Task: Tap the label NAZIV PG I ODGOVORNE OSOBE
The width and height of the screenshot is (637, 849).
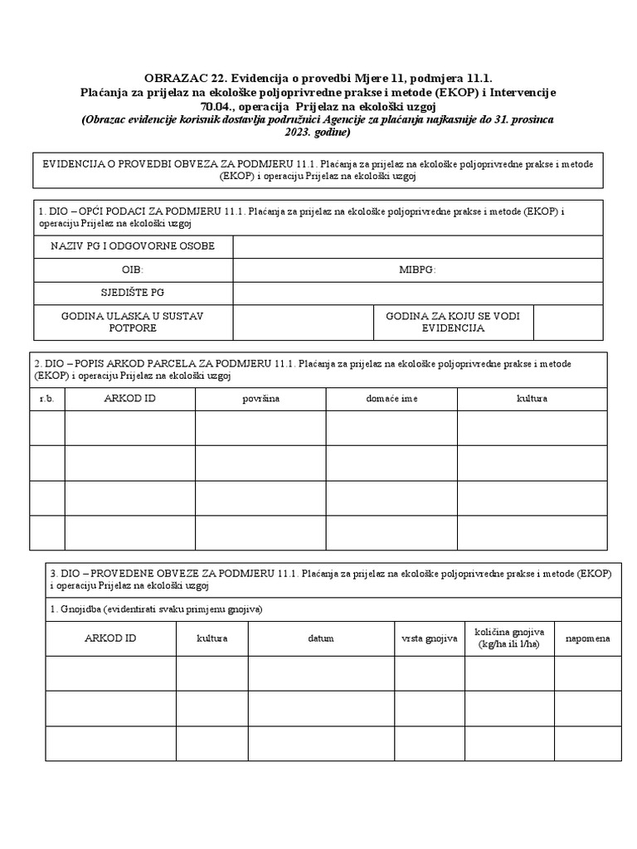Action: (x=133, y=246)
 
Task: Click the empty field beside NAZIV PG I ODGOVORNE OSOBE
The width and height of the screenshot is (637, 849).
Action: (x=418, y=246)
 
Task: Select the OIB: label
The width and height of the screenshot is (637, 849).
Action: (x=133, y=269)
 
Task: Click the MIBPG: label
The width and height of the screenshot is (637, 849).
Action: (x=417, y=269)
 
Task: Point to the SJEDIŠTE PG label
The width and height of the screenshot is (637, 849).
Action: (x=133, y=293)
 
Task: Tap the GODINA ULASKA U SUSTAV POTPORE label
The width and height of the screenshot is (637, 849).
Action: (x=133, y=323)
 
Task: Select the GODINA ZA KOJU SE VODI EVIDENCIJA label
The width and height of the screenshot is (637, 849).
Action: (x=453, y=323)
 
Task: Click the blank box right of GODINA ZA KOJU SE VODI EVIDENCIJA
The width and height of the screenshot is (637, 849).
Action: (x=567, y=323)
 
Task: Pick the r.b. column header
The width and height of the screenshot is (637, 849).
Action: (x=47, y=399)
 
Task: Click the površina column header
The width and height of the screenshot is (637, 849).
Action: (x=260, y=399)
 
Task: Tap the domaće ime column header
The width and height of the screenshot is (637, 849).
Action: (x=391, y=399)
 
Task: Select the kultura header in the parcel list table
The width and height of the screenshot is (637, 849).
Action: (x=532, y=399)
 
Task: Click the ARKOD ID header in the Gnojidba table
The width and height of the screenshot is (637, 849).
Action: (x=110, y=638)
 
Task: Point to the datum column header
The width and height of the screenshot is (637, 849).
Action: (x=321, y=638)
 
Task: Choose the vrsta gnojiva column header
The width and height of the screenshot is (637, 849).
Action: (x=430, y=638)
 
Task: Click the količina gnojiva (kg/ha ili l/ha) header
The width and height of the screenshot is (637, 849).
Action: (x=509, y=638)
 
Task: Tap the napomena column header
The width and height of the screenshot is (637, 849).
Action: (x=588, y=638)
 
